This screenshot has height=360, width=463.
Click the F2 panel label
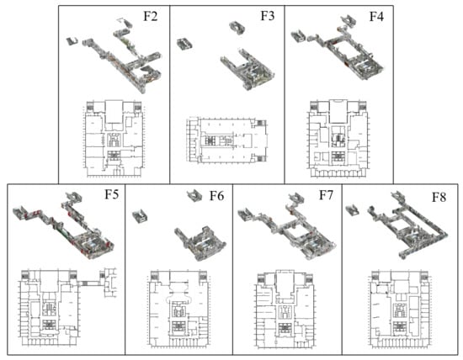point(151,16)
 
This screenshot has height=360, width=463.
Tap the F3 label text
point(268,16)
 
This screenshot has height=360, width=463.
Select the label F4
point(376,16)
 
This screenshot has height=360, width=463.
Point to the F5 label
point(112,194)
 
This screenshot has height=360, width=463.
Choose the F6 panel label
point(216,196)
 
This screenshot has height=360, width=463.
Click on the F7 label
point(326,195)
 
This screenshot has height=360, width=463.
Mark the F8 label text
point(439,197)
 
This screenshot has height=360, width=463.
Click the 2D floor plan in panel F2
point(114,139)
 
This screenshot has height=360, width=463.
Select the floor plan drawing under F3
point(226,140)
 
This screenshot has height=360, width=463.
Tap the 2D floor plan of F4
point(338,139)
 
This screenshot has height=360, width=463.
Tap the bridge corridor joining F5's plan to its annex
point(89,283)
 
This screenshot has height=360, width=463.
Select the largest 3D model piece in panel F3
point(247,69)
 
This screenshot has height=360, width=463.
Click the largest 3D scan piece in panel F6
point(200,243)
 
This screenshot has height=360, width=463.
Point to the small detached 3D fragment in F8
point(352,210)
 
